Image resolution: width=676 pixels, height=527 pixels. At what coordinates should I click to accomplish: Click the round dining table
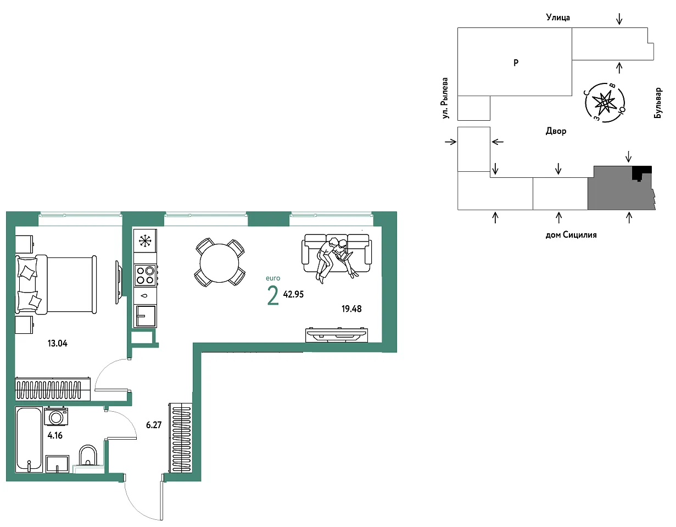pyautogui.click(x=219, y=263)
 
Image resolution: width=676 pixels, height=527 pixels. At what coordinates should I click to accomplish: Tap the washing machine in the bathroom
pyautogui.click(x=56, y=416)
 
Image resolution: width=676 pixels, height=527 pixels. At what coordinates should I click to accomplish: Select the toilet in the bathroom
pyautogui.click(x=88, y=456)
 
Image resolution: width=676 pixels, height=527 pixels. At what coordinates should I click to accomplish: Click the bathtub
pyautogui.click(x=29, y=440)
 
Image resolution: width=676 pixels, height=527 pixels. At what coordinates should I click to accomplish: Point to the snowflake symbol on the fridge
pyautogui.click(x=145, y=241)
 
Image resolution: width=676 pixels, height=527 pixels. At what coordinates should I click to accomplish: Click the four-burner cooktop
pyautogui.click(x=146, y=276)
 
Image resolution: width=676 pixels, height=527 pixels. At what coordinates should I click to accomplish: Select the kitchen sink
pyautogui.click(x=146, y=316)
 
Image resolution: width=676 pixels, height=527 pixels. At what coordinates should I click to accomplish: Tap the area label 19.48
pyautogui.click(x=351, y=309)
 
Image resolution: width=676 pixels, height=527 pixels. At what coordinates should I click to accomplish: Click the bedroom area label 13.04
pyautogui.click(x=57, y=343)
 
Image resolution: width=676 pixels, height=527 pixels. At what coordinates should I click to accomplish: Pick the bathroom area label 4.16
pyautogui.click(x=55, y=435)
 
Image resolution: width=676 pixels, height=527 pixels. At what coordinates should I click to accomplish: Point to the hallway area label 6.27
pyautogui.click(x=154, y=425)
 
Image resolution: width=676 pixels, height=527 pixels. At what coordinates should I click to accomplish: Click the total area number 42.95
pyautogui.click(x=293, y=294)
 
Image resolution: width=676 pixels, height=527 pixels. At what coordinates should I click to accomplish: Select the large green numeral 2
pyautogui.click(x=273, y=296)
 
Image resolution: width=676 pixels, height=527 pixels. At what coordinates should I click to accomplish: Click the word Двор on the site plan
pyautogui.click(x=556, y=131)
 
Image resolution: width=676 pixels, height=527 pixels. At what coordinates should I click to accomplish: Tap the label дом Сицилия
pyautogui.click(x=571, y=235)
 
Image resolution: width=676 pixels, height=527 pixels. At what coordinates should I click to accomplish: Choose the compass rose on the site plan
pyautogui.click(x=605, y=102)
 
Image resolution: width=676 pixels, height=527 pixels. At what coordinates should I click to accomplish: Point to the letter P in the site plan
pyautogui.click(x=516, y=63)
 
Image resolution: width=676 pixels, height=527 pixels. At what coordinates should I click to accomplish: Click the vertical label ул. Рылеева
pyautogui.click(x=445, y=98)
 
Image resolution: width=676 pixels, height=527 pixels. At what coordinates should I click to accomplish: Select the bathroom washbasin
pyautogui.click(x=57, y=464)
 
